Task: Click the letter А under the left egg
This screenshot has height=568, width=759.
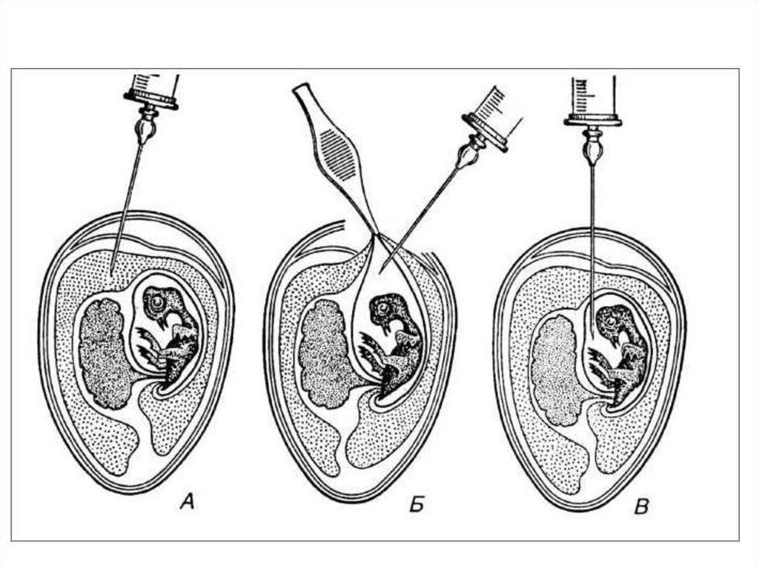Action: point(188,504)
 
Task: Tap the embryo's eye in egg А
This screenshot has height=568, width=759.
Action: point(156,302)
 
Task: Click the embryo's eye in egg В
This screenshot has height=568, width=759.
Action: point(611,320)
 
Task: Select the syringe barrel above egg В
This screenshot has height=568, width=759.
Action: point(593,95)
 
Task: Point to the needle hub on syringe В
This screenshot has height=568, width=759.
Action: point(593,146)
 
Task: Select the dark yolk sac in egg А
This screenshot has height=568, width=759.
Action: point(107,352)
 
